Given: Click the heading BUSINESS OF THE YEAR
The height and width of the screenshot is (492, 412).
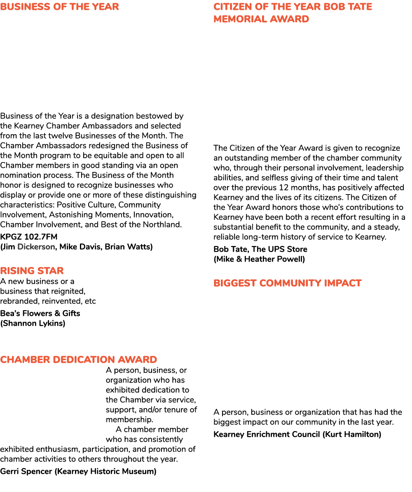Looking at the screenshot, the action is point(59,7).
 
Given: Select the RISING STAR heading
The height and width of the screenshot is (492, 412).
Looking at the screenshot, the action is point(32,270).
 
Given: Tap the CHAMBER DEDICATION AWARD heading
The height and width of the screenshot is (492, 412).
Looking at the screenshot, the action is point(79,359).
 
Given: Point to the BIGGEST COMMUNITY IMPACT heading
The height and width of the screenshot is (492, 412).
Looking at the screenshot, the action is point(288,283).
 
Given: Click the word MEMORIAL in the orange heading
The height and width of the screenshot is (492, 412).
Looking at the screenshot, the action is point(240,19).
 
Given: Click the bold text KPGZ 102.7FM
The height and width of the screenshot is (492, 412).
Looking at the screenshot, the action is point(28,237).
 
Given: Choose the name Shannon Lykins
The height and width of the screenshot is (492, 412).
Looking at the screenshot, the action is point(33,323).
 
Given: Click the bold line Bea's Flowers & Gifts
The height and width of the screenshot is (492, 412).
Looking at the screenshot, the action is point(40,313).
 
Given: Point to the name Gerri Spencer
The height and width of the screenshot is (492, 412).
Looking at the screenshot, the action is point(26,471).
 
